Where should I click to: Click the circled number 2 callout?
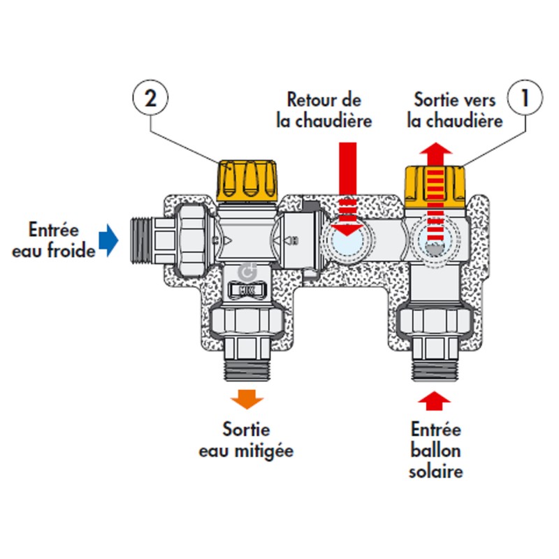click(150, 99)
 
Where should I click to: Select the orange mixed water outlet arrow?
click(248, 399)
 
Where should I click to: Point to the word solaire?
click(436, 471)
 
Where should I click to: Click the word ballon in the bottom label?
click(436, 451)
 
